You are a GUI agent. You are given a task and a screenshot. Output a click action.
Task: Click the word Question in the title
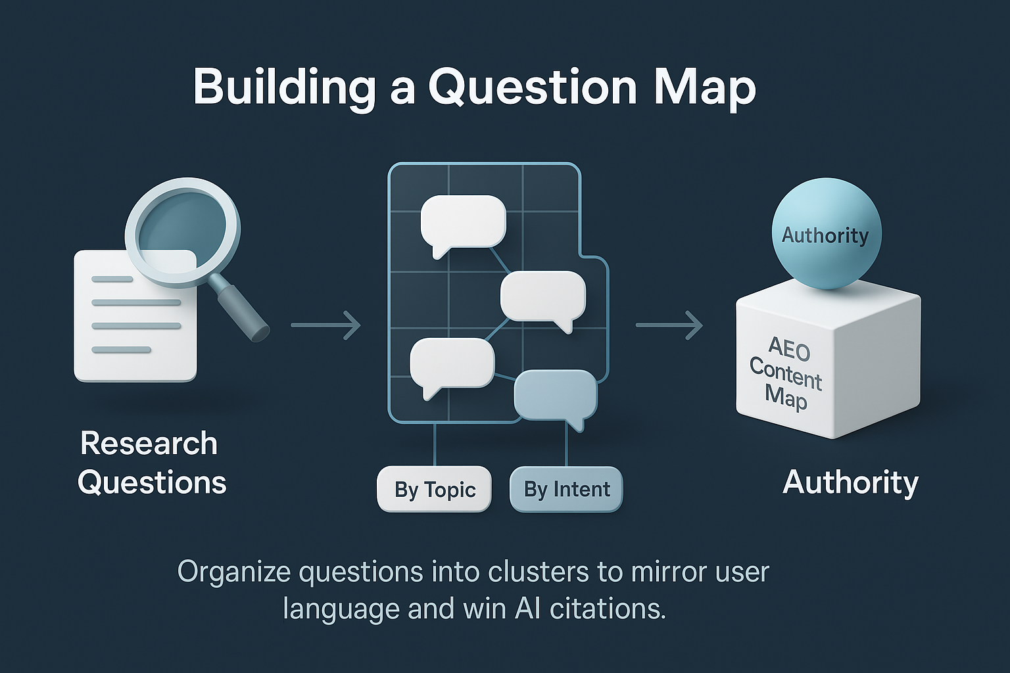(x=533, y=87)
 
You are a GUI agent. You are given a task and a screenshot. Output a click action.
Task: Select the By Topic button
(x=435, y=490)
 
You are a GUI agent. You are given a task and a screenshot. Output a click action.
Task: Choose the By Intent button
(x=566, y=490)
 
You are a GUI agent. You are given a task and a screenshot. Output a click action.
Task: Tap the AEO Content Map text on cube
(x=786, y=373)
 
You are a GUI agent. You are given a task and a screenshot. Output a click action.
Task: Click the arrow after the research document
(x=325, y=325)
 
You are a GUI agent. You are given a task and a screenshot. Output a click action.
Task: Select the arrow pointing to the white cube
(x=669, y=325)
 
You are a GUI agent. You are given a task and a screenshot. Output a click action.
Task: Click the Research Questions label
(x=151, y=463)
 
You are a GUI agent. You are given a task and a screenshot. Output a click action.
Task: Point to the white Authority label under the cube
(x=850, y=482)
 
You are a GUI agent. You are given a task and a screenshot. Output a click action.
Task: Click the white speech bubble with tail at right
(x=542, y=297)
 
